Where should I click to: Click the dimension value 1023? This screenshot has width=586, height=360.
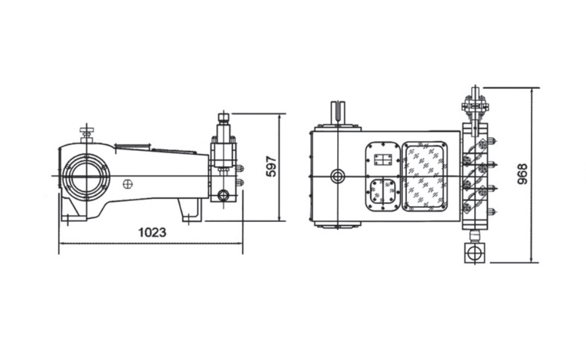click(x=152, y=232)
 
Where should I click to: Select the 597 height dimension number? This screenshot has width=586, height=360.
click(x=271, y=166)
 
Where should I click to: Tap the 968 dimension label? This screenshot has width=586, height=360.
click(x=522, y=174)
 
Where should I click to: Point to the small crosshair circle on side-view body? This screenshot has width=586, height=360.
click(x=128, y=184)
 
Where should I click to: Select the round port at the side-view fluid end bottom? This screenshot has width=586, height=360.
click(x=223, y=195)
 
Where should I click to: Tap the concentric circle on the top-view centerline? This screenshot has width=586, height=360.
click(x=338, y=176)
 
